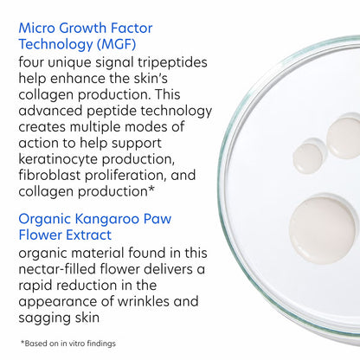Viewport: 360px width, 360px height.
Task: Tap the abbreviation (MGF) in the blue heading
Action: [114, 44]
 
